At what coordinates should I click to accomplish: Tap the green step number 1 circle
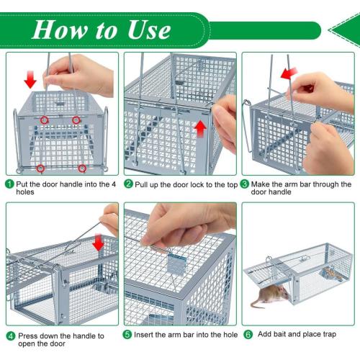click(10, 184)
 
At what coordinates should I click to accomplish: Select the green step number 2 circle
click(128, 184)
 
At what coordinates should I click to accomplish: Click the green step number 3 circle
click(246, 184)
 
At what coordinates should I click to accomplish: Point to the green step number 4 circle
click(10, 336)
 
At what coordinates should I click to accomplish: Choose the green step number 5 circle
click(128, 334)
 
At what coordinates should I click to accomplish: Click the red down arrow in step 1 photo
click(29, 77)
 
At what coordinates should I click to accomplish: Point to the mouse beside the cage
click(271, 297)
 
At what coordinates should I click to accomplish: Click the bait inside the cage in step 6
click(331, 274)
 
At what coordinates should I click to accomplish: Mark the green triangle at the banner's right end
click(343, 30)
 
